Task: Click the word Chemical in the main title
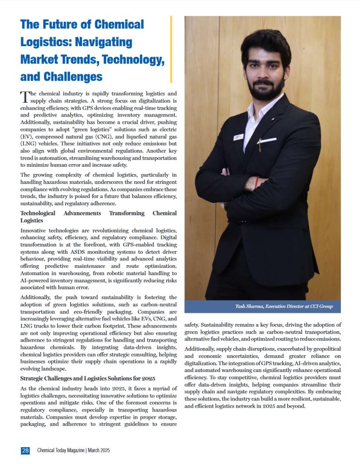118,24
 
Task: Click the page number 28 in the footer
25,450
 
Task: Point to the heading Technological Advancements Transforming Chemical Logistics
98,217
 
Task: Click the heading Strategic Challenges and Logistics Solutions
88,378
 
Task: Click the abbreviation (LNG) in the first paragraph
30,144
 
